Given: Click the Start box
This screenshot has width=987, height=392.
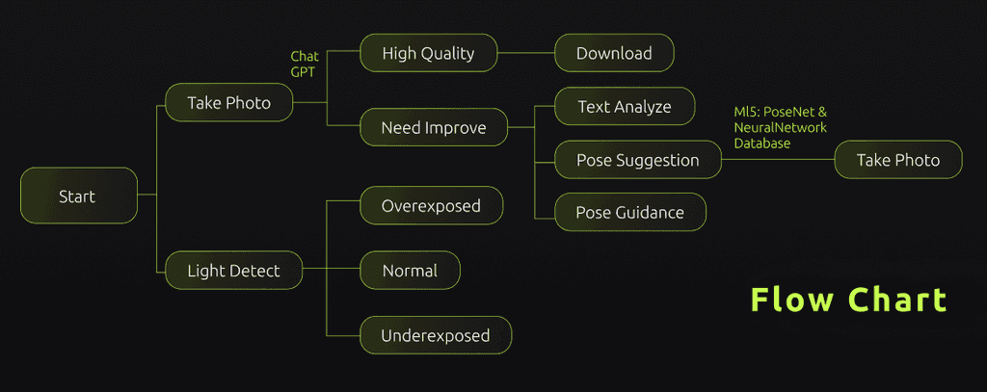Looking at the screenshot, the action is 79,196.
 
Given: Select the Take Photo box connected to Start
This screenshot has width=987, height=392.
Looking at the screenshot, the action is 229,102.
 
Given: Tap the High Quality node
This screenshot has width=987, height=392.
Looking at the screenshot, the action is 429,53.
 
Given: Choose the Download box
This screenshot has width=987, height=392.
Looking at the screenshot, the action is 614,53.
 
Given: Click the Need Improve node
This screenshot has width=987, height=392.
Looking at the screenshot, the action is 434,127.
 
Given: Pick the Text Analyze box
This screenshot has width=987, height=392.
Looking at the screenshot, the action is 625,106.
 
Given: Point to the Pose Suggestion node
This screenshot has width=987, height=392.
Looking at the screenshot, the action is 638,159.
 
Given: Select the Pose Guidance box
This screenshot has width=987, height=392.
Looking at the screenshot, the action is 630,212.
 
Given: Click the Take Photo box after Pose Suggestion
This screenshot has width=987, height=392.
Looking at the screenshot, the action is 898,159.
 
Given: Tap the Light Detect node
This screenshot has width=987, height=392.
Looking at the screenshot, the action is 233,271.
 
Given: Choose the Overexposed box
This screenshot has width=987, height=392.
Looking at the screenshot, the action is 431,205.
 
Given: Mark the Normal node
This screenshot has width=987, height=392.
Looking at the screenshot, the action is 410,271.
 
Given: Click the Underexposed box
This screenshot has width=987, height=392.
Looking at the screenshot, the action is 436,335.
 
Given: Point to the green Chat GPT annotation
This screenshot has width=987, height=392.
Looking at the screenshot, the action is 305,65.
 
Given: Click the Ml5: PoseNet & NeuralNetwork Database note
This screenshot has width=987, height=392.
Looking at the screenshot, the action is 781,128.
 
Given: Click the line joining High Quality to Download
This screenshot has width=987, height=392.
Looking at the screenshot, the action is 525,53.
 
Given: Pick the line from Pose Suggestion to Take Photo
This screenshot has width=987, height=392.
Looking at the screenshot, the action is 778,159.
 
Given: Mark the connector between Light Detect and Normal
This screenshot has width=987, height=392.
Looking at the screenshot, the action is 332,271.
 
